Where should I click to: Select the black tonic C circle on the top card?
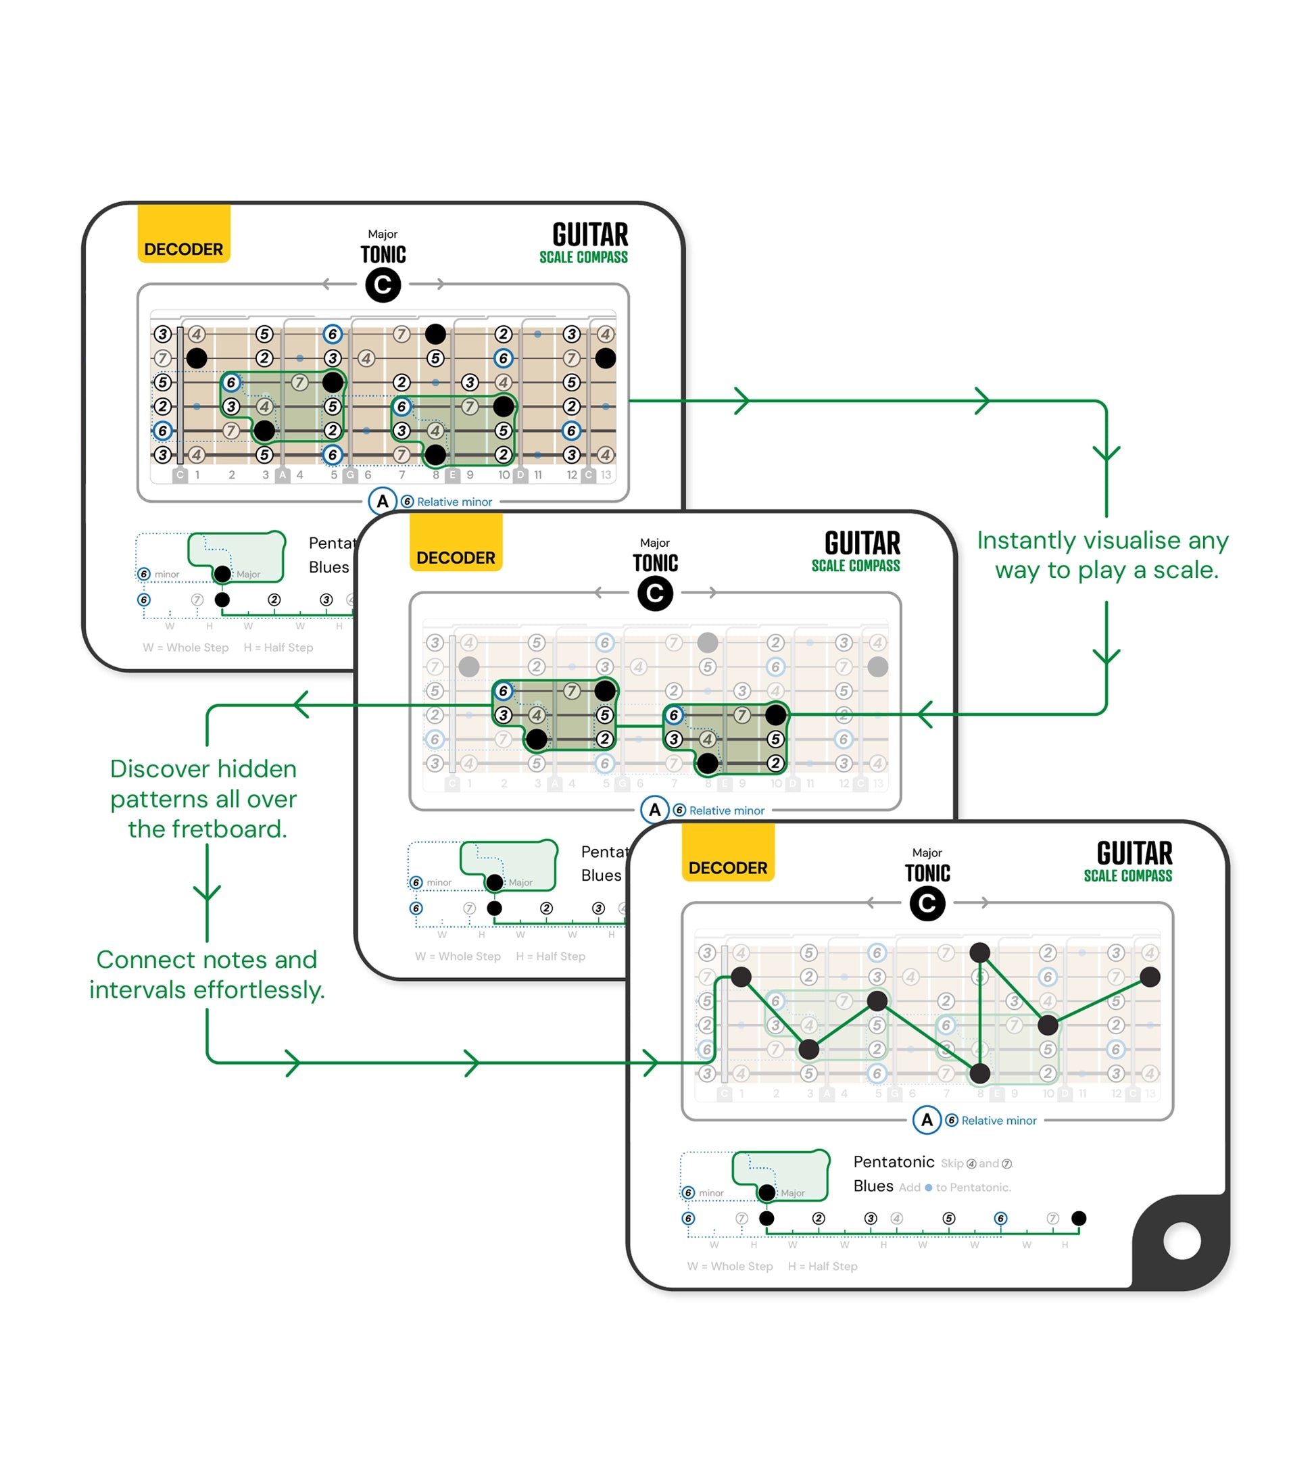383,285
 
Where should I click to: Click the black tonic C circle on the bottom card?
927,903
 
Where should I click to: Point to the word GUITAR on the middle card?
862,543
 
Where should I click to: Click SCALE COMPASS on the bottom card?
1127,876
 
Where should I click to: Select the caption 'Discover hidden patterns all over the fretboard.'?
204,798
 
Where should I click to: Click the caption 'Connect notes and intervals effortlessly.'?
208,974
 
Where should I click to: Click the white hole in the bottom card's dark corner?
1182,1240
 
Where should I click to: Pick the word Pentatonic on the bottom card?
893,1162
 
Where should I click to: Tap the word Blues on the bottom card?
873,1186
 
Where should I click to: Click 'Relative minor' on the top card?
454,502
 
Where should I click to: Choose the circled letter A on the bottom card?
927,1120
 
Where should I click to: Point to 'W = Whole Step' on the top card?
186,648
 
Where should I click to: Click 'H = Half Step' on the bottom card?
823,1266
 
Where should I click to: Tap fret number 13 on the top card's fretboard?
606,475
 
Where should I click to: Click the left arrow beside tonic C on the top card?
329,284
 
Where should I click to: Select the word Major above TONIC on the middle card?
655,542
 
